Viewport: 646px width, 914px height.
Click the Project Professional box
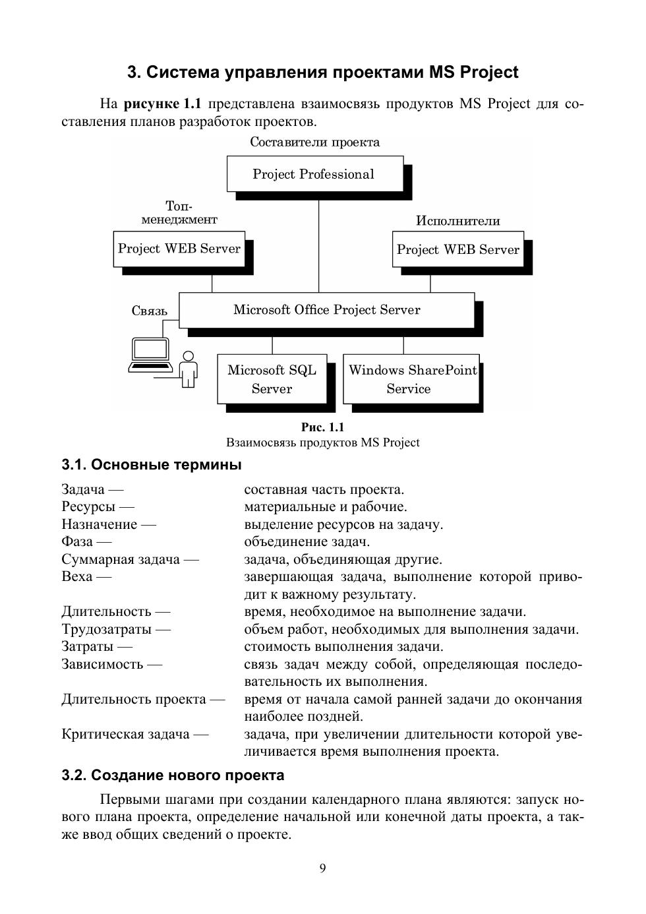tap(314, 174)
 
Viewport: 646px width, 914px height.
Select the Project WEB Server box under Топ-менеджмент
tap(179, 249)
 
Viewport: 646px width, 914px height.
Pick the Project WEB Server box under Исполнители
tap(457, 249)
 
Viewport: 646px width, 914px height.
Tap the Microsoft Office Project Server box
tap(326, 310)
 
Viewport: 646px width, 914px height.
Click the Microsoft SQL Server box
tap(272, 379)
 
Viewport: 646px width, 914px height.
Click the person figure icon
tap(189, 369)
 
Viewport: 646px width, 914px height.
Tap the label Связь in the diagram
tap(150, 311)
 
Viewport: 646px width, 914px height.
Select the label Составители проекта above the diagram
tap(314, 142)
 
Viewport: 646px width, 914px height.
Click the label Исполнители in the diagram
tap(457, 221)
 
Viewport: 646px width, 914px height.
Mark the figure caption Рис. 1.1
tap(322, 427)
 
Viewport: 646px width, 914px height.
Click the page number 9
tap(322, 868)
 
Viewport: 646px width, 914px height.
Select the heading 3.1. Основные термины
tap(152, 465)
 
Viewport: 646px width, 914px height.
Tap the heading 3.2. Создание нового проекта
tap(173, 776)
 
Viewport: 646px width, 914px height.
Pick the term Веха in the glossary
tap(77, 577)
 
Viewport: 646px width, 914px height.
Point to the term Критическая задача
tap(125, 734)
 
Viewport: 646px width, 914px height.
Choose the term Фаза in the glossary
tap(77, 542)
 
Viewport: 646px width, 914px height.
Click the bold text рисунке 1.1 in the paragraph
tap(162, 104)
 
